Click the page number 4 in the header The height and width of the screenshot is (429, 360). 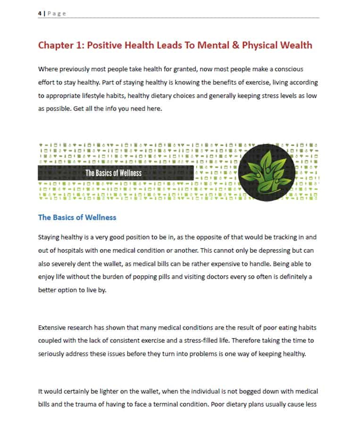tap(40, 14)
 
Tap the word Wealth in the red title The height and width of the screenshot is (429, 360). tap(295, 45)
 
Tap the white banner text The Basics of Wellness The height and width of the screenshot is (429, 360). tap(113, 173)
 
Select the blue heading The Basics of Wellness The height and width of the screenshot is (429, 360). tap(77, 217)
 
